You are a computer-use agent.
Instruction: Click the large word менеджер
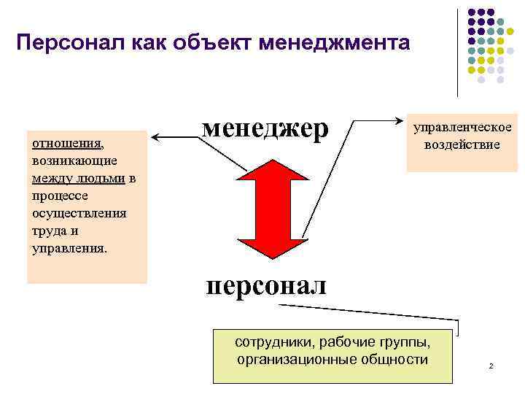(x=265, y=128)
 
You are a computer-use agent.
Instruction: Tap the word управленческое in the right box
(x=462, y=128)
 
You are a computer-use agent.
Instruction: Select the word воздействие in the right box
(x=462, y=144)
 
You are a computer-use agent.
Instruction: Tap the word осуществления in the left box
(x=79, y=213)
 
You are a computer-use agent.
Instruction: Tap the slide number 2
(x=491, y=365)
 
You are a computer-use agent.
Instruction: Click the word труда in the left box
(x=47, y=231)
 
